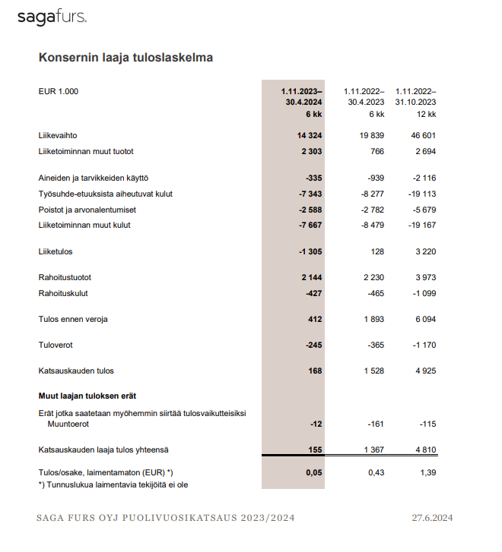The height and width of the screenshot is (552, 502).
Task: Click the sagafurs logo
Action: click(52, 17)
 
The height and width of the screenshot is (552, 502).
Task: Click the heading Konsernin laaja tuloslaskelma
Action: click(125, 58)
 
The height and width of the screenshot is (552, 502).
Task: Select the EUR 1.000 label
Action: click(59, 92)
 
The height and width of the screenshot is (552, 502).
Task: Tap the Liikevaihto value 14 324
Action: click(309, 135)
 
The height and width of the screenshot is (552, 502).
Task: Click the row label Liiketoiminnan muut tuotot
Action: click(91, 152)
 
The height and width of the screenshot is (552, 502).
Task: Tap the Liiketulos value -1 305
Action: click(309, 251)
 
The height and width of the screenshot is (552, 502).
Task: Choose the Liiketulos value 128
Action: click(376, 251)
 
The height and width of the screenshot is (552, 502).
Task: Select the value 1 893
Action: click(373, 320)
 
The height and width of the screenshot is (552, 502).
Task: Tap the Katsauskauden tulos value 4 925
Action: click(424, 371)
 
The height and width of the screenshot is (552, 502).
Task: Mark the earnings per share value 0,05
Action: click(313, 472)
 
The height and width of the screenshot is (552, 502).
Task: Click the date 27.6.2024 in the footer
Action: click(432, 518)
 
